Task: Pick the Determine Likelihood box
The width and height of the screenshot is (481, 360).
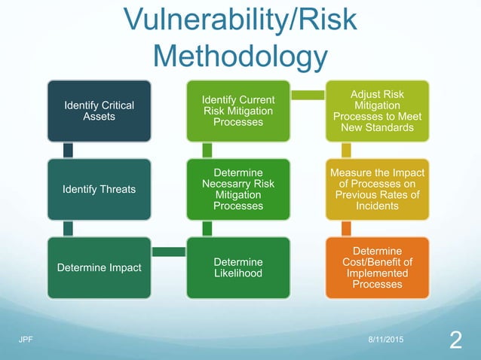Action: [x=237, y=267]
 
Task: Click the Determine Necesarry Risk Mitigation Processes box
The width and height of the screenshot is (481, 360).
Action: [x=237, y=188]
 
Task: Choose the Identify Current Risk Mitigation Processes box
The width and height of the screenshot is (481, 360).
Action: [x=237, y=111]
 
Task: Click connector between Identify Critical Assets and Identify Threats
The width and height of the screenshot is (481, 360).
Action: [x=69, y=150]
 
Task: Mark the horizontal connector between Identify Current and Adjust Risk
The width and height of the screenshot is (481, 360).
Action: [x=307, y=95]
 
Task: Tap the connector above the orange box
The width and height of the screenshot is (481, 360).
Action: [x=346, y=228]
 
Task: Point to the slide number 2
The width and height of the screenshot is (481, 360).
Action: [x=455, y=341]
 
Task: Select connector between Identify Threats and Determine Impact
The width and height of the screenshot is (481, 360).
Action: [x=69, y=228]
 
